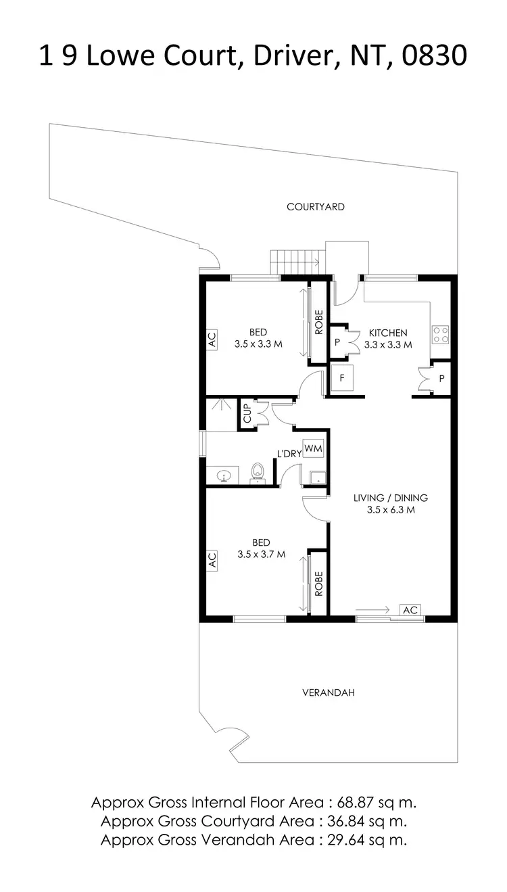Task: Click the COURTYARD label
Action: (315, 207)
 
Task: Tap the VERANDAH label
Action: (328, 693)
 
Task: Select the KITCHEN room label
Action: (387, 333)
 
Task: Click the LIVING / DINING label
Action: (390, 498)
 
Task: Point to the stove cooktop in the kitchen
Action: (441, 334)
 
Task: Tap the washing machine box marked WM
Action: (313, 448)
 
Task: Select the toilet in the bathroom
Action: (257, 471)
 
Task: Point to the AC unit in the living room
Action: (410, 610)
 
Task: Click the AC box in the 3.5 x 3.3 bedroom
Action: (212, 339)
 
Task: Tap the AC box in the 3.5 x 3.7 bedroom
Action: (212, 559)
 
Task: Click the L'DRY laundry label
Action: (288, 454)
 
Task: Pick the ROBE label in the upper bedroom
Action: (318, 323)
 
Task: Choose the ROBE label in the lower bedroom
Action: (318, 583)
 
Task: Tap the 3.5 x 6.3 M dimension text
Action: (390, 511)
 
